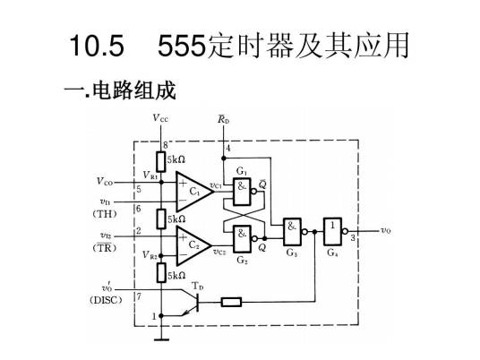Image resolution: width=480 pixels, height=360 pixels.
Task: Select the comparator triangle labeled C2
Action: [191, 243]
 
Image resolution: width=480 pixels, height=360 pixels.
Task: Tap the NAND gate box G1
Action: [242, 187]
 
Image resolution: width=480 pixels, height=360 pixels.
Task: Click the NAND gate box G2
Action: [242, 238]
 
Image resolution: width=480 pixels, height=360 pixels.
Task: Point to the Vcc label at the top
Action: [160, 117]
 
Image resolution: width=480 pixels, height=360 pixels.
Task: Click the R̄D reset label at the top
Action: [223, 117]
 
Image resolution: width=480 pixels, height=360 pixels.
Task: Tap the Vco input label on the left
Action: [105, 181]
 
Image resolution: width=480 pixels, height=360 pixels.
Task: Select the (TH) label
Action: [105, 214]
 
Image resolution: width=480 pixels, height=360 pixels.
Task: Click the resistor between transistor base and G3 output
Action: [231, 301]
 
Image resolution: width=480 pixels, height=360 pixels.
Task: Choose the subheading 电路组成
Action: [126, 90]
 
